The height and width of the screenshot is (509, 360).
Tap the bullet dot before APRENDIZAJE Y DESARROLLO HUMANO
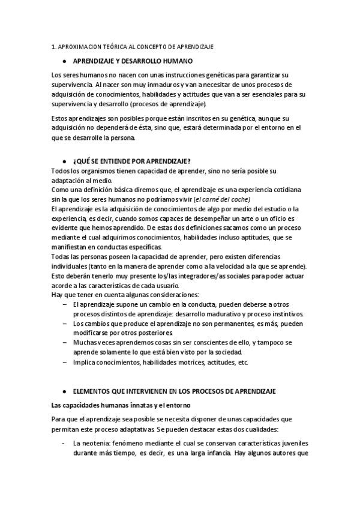[64, 61]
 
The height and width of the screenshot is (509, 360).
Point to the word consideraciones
[172, 295]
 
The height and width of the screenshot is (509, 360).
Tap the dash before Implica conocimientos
[64, 363]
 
